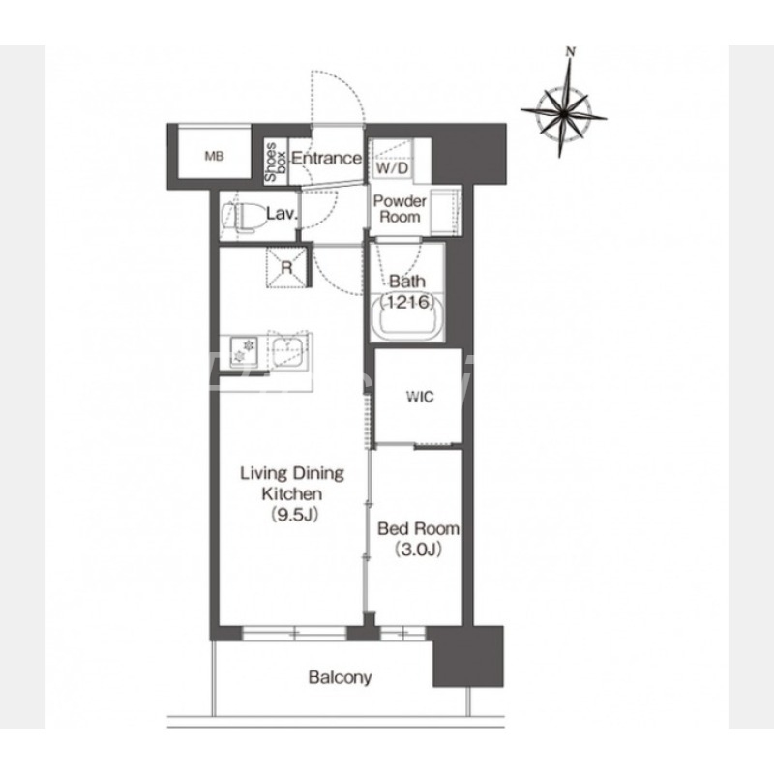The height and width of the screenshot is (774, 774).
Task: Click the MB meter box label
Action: [x=214, y=157]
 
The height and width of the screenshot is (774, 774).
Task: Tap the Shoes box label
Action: [x=276, y=162]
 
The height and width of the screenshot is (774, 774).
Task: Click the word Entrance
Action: [x=326, y=158]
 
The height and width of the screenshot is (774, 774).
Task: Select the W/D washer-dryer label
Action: [x=392, y=168]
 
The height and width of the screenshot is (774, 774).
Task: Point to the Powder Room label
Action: [x=400, y=209]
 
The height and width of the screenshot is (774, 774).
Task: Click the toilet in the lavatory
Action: [x=240, y=217]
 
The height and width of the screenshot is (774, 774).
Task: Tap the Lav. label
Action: [x=282, y=214]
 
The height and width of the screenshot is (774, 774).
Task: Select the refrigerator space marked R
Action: [x=286, y=267]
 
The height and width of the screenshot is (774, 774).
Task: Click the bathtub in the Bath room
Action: [x=407, y=317]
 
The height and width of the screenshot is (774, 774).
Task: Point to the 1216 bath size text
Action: [x=407, y=302]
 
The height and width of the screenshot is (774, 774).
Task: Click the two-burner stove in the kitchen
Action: [x=243, y=351]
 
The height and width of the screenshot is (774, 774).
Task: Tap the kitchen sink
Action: [x=287, y=351]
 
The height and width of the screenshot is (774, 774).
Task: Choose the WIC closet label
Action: [x=420, y=397]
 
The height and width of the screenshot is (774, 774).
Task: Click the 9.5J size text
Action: [x=293, y=515]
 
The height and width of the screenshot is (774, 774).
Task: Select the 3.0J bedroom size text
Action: [x=418, y=550]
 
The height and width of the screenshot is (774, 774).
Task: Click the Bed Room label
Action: [x=418, y=528]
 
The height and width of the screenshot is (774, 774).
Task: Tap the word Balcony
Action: [x=340, y=677]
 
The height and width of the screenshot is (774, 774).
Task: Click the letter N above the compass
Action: [x=571, y=51]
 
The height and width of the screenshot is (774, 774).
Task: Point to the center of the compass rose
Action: [x=563, y=114]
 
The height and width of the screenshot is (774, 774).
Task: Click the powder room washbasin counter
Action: [x=446, y=212]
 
